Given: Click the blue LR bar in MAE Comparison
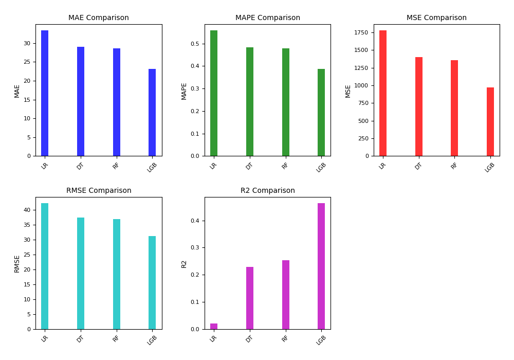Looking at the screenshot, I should (x=45, y=93).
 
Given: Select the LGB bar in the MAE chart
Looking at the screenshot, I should (x=152, y=113).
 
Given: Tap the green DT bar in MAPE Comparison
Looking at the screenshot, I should (x=250, y=102).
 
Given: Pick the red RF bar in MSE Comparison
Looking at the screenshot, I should (x=454, y=108).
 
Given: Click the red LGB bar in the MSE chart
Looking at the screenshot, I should (x=490, y=122).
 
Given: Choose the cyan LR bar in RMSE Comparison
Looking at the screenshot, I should (x=45, y=266).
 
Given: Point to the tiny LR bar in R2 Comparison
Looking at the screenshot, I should (x=214, y=326).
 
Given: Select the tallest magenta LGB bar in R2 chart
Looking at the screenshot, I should (x=321, y=266).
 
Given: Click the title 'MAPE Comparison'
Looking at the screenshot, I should (x=268, y=18).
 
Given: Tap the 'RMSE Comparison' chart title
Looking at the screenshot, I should (x=99, y=191).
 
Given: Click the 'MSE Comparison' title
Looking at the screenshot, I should (x=436, y=18).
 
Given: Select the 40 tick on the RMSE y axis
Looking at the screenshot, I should (x=27, y=210).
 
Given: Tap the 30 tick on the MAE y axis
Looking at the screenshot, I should (x=27, y=43).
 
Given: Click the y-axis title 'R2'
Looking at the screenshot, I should (x=184, y=263).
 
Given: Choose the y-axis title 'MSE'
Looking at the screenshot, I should (x=348, y=91).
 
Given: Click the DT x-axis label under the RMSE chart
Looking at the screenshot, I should (x=80, y=338).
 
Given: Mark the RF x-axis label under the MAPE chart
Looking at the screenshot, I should (x=285, y=165).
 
